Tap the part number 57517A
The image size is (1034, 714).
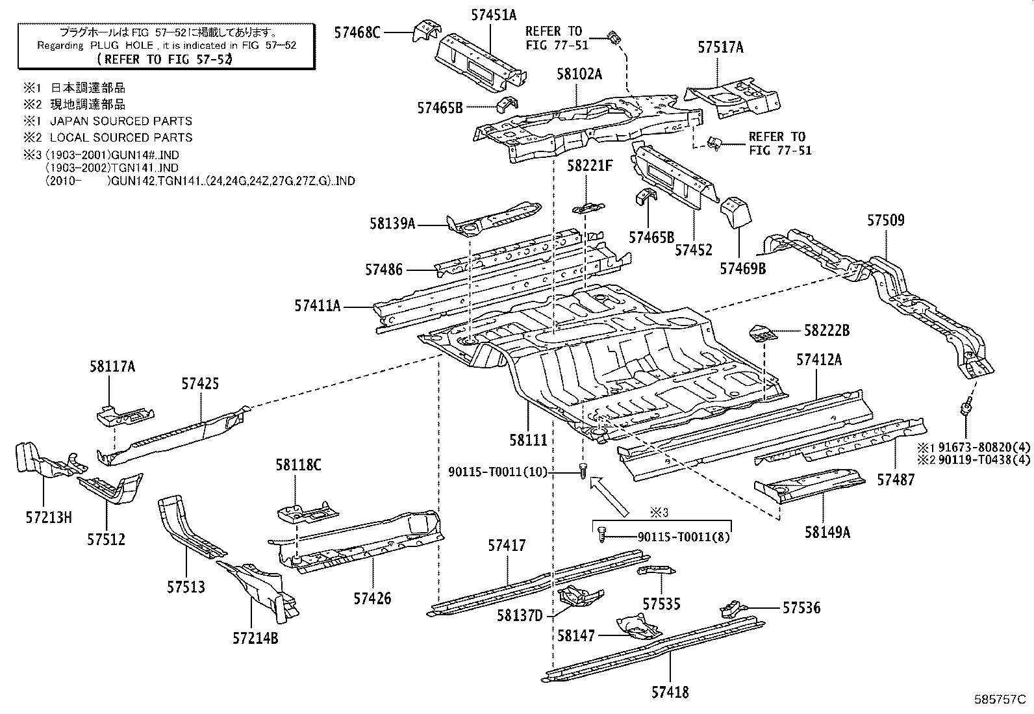720,47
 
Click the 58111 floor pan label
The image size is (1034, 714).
528,440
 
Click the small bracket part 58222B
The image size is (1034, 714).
763,334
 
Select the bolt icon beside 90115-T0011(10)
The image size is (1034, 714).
583,470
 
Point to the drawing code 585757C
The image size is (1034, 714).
1000,700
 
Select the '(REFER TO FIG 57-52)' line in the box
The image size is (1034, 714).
164,59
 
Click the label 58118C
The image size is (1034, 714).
298,465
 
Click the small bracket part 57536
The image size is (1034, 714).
733,609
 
